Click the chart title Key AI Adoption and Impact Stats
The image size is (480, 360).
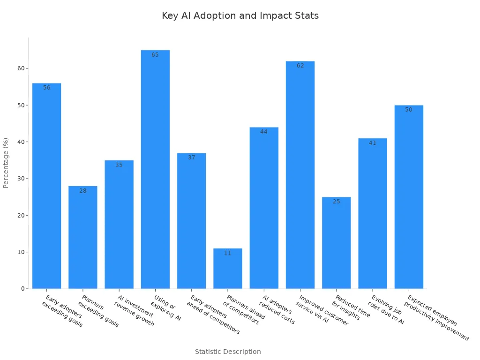(x=240, y=16)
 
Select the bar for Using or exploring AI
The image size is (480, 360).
(x=155, y=169)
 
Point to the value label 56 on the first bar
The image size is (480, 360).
(x=47, y=88)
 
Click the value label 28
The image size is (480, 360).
(x=83, y=191)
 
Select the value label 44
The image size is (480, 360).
(x=264, y=132)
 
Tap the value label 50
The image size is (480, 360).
(x=409, y=110)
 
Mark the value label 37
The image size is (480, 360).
(x=192, y=157)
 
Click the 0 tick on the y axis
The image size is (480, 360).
(x=23, y=289)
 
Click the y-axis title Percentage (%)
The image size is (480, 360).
(x=6, y=163)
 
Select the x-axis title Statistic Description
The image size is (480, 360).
(x=228, y=352)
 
